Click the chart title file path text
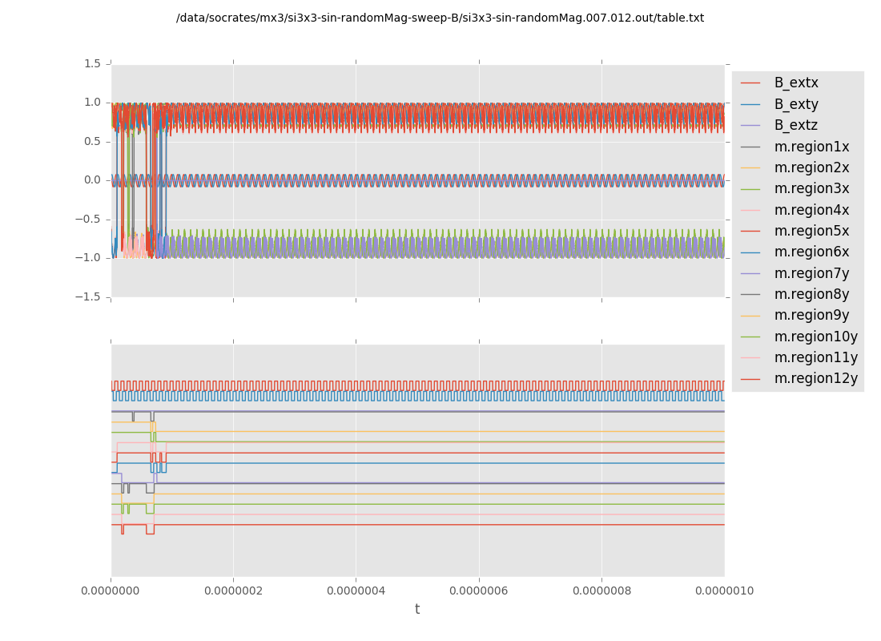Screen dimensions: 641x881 click(440, 18)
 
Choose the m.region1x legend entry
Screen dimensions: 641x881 click(811, 147)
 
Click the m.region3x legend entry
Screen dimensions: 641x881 click(811, 189)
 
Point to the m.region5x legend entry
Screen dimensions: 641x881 click(811, 231)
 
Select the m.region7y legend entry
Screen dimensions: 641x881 click(811, 273)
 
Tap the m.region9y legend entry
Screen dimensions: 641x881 click(811, 316)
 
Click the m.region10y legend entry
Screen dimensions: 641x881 click(815, 337)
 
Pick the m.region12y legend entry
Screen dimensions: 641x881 click(815, 378)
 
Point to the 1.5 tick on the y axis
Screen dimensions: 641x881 click(92, 63)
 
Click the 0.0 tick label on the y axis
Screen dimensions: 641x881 click(92, 180)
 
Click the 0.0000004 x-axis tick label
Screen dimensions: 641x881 click(356, 591)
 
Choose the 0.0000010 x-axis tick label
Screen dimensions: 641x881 click(724, 591)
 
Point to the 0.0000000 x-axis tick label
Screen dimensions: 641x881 click(111, 591)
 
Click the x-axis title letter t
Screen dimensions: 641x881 click(417, 610)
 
